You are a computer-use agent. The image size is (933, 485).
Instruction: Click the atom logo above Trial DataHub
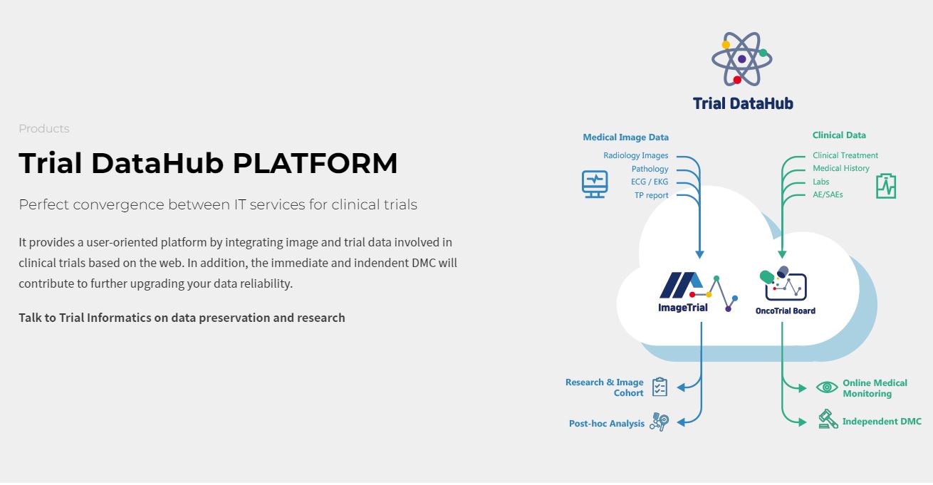(742, 58)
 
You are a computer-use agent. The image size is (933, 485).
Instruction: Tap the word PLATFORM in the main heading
(316, 163)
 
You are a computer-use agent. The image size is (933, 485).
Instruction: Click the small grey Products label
(44, 129)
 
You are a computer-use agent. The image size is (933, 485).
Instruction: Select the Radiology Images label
(635, 155)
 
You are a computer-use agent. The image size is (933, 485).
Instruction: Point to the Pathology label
(650, 169)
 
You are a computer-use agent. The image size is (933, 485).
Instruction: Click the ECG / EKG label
(650, 182)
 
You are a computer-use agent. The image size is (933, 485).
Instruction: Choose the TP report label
(652, 195)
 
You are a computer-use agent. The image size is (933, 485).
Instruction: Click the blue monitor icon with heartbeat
(595, 184)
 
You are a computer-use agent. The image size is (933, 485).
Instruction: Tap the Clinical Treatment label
(845, 155)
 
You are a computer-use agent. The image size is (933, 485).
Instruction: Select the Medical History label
(841, 168)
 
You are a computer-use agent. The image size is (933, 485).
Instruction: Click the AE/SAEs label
(828, 194)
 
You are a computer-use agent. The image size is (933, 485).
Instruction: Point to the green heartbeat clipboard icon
(886, 186)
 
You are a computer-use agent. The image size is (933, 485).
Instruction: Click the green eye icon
(827, 387)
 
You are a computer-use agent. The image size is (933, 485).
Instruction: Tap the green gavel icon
(828, 419)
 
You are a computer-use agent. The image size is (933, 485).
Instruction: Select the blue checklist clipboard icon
(660, 387)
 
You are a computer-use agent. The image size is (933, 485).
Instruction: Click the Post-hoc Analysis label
(607, 423)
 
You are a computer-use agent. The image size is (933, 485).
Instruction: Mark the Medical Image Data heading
(625, 137)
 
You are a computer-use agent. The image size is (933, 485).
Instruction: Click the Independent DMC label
(882, 421)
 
